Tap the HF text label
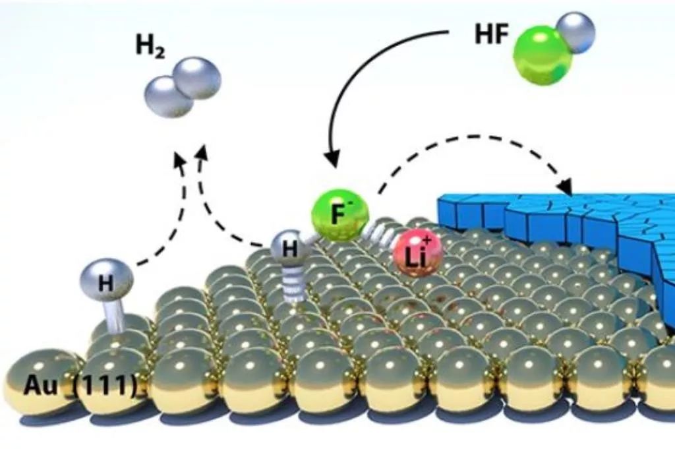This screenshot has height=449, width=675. point(492,35)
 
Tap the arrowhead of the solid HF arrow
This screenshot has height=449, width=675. point(334,159)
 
